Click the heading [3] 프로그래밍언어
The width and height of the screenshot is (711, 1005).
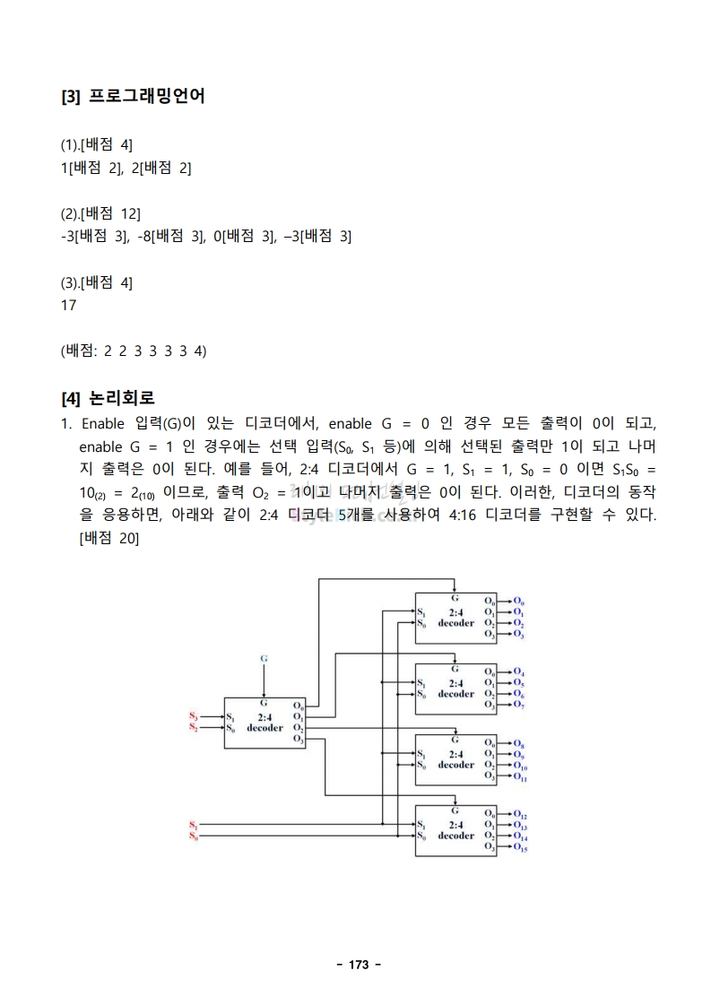pyautogui.click(x=133, y=96)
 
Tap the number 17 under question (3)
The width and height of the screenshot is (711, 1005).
pyautogui.click(x=68, y=305)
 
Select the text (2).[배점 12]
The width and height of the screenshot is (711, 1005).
pyautogui.click(x=100, y=213)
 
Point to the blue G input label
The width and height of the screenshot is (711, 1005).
pyautogui.click(x=264, y=658)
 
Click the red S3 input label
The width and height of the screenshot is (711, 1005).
pyautogui.click(x=193, y=716)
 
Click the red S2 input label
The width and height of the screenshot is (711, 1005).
pyautogui.click(x=193, y=727)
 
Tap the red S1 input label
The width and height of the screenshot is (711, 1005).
pyautogui.click(x=193, y=824)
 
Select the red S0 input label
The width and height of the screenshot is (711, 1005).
pyautogui.click(x=193, y=836)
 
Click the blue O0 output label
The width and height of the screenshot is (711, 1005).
pyautogui.click(x=519, y=601)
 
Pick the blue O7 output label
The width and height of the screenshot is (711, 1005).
pyautogui.click(x=519, y=706)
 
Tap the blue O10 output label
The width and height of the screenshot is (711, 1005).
pyautogui.click(x=521, y=767)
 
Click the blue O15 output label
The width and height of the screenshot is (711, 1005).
pyautogui.click(x=521, y=847)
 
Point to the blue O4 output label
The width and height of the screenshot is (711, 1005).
pyautogui.click(x=519, y=672)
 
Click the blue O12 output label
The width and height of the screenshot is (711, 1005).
pyautogui.click(x=521, y=815)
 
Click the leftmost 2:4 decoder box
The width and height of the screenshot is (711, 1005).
pyautogui.click(x=264, y=723)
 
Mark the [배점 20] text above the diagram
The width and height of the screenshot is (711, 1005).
pyautogui.click(x=108, y=538)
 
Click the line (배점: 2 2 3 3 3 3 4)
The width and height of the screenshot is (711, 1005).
pyautogui.click(x=134, y=351)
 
